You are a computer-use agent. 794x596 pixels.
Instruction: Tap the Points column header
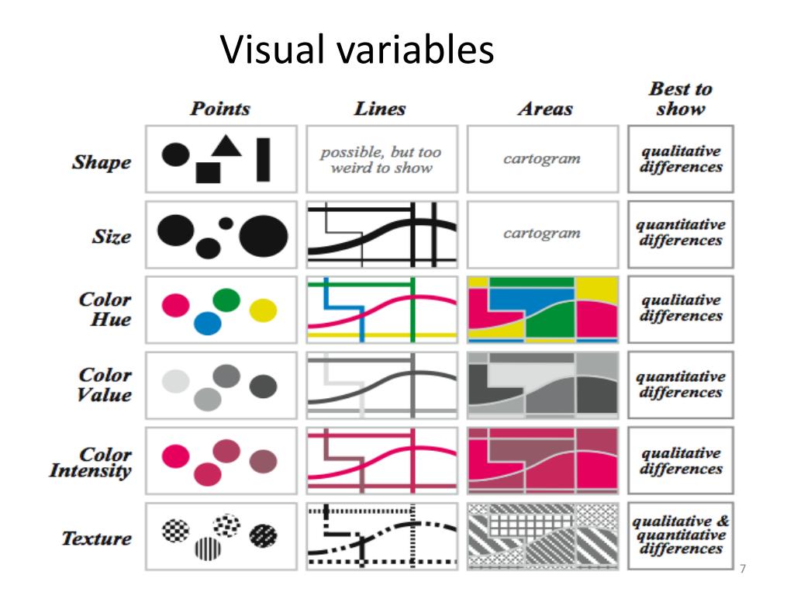coord(220,108)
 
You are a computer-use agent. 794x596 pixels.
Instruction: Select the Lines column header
coord(380,108)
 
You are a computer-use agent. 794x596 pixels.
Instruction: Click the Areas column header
coord(545,109)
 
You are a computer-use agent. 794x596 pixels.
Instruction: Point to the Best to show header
coord(680,99)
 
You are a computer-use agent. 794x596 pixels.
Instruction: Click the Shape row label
coord(102,162)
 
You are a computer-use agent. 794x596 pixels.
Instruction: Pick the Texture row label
coord(96,539)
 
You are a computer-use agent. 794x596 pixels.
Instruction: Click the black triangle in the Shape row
coord(226,144)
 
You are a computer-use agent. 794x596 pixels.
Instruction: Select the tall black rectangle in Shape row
coord(263,159)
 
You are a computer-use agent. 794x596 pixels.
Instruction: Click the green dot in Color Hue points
coord(226,300)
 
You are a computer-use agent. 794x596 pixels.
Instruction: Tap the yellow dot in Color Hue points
coord(263,310)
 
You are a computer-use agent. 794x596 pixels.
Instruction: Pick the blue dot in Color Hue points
coord(208,323)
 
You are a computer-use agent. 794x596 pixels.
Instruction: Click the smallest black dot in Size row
coord(226,223)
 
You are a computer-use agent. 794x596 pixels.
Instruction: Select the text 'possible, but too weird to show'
coord(381,159)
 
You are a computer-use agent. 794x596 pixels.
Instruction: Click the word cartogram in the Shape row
coord(541,158)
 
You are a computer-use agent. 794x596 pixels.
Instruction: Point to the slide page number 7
coord(743,569)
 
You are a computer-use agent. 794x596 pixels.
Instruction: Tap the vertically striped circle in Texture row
coord(207,549)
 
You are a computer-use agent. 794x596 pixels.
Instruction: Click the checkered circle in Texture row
coord(176,531)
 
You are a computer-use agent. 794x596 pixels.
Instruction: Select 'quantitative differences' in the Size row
coord(680,233)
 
